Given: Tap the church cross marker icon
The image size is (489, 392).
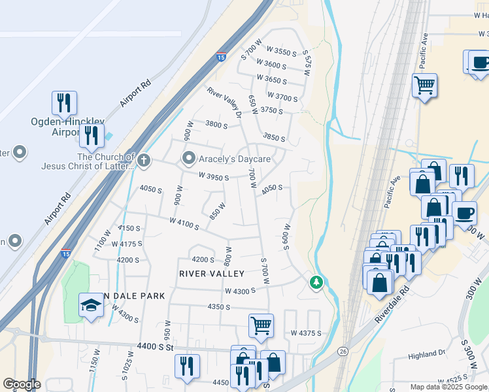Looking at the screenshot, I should (143, 159).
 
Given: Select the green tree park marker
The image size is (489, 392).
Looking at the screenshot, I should (316, 282).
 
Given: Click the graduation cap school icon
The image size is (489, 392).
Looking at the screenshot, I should (90, 304).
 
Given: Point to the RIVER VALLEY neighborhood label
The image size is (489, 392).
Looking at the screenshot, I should (211, 274).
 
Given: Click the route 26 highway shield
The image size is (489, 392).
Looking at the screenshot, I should (343, 351).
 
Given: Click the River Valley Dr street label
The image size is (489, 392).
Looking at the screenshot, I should (225, 103).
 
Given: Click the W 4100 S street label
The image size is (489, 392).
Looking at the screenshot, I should (184, 224).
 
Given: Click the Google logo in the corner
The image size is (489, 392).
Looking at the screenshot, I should (21, 384).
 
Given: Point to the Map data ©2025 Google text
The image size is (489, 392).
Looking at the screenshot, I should (448, 387).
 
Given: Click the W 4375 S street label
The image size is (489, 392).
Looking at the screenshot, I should (306, 333).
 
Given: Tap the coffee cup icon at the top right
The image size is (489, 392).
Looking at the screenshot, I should (481, 63).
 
